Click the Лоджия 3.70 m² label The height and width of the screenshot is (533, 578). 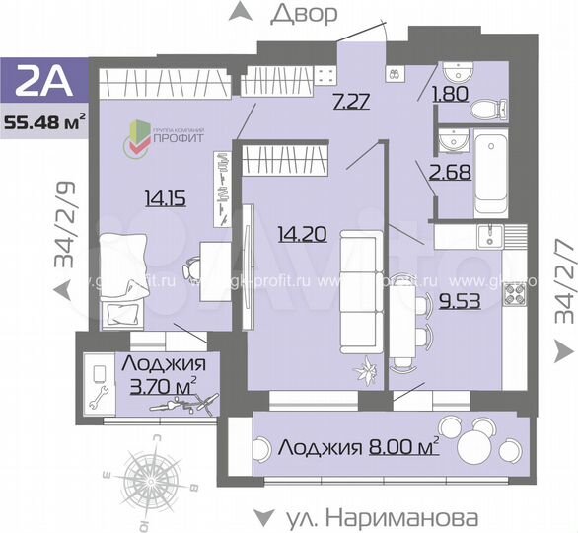pos(159,374)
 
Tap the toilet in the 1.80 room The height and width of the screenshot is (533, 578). pos(487,110)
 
